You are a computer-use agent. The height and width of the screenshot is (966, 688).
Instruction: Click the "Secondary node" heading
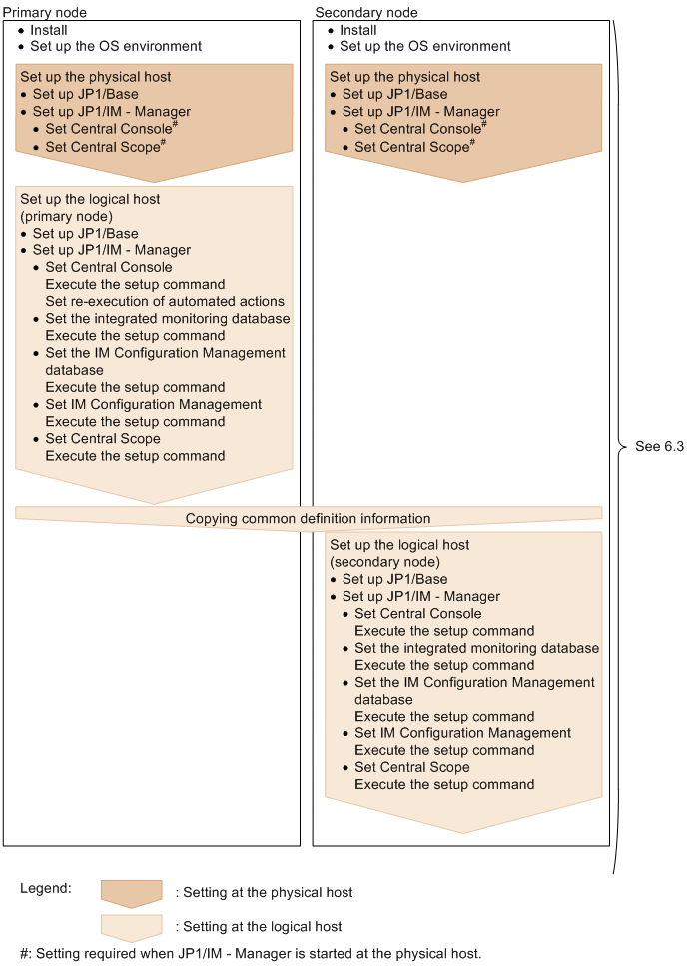365,12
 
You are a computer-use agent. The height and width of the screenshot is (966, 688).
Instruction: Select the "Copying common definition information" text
308,519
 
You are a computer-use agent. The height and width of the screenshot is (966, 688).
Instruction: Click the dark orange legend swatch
131,892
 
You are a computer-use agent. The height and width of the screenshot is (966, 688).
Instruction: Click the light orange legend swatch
131,927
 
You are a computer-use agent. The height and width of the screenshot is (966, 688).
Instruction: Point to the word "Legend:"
46,887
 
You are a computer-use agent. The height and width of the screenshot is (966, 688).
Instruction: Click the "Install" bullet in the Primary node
49,30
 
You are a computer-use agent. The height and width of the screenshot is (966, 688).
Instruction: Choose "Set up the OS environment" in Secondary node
424,46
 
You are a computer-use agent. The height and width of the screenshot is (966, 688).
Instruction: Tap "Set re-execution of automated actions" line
165,301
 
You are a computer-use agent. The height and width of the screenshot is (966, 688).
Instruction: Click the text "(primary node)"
66,216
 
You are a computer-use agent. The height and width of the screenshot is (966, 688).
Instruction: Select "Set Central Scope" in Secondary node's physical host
411,147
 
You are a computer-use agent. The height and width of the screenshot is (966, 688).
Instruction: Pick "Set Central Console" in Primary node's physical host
109,129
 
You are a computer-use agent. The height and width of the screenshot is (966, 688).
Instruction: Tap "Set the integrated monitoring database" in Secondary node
476,648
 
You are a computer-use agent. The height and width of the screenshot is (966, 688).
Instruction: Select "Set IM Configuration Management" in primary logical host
153,404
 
